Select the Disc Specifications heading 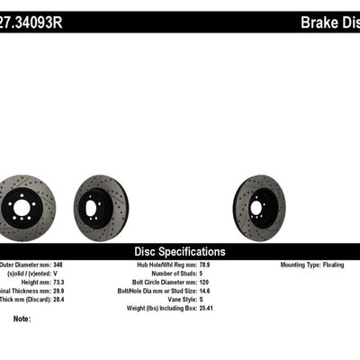[x=180, y=252]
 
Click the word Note [x=22, y=319]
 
